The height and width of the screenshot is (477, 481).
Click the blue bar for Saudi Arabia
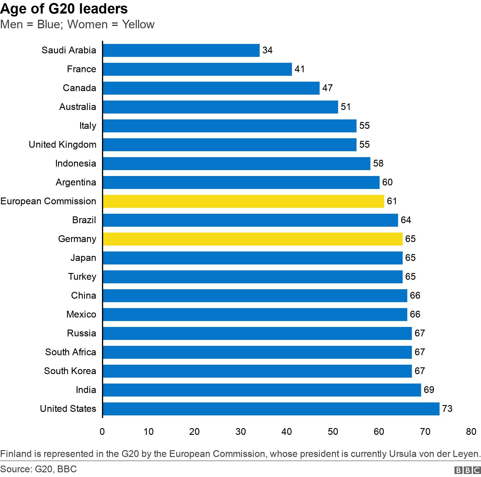pyautogui.click(x=181, y=50)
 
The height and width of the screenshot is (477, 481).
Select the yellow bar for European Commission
pyautogui.click(x=243, y=201)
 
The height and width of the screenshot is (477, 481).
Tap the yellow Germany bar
pyautogui.click(x=252, y=239)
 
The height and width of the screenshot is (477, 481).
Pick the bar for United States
pyautogui.click(x=271, y=409)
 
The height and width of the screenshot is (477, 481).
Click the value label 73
pyautogui.click(x=447, y=409)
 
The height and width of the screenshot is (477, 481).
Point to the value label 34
pyautogui.click(x=267, y=50)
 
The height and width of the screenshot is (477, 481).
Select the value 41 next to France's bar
pyautogui.click(x=299, y=69)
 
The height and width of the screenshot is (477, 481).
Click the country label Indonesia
pyautogui.click(x=75, y=164)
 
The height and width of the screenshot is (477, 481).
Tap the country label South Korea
pyautogui.click(x=70, y=371)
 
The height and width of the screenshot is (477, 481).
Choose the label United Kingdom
pyautogui.click(x=62, y=145)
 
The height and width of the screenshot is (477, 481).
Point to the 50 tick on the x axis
pyautogui.click(x=333, y=432)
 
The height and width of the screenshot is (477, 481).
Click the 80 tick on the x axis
pyautogui.click(x=471, y=432)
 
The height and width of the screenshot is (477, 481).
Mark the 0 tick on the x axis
pyautogui.click(x=102, y=432)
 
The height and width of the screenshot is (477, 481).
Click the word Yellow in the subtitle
pyautogui.click(x=138, y=24)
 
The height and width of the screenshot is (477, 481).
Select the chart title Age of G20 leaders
pyautogui.click(x=64, y=9)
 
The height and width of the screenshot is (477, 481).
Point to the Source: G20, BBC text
pyautogui.click(x=38, y=469)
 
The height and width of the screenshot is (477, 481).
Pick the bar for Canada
pyautogui.click(x=211, y=88)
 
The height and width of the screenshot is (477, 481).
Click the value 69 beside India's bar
pyautogui.click(x=429, y=390)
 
